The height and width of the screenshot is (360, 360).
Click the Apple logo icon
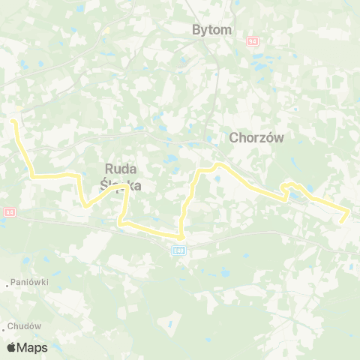(x=12, y=347)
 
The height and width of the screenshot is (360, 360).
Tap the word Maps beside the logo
(x=33, y=347)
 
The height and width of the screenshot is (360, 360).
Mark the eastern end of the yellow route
(x=343, y=221)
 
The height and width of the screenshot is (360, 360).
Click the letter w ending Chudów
(x=39, y=327)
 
